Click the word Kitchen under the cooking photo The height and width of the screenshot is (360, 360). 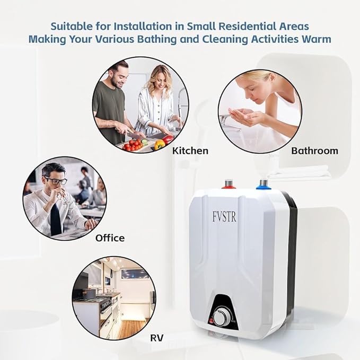(x=190, y=151)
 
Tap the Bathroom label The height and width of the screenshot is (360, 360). (x=314, y=151)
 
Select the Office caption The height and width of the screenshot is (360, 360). (x=110, y=238)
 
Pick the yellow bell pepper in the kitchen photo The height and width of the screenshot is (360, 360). (x=160, y=144)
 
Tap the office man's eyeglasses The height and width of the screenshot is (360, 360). (x=56, y=181)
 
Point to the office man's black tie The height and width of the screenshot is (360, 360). (x=55, y=218)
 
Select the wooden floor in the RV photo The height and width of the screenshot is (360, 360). (x=130, y=329)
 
